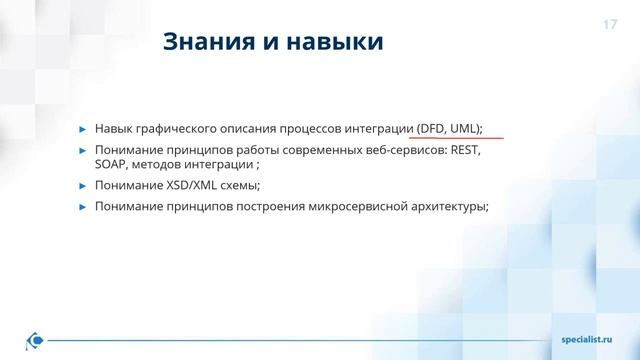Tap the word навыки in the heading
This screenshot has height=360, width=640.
(x=335, y=43)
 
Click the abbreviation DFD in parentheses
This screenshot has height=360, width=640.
(x=435, y=128)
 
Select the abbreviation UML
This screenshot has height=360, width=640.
(x=465, y=128)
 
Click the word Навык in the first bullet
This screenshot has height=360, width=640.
(x=114, y=128)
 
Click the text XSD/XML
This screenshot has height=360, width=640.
(x=197, y=185)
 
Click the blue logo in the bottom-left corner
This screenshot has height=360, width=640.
(x=36, y=341)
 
